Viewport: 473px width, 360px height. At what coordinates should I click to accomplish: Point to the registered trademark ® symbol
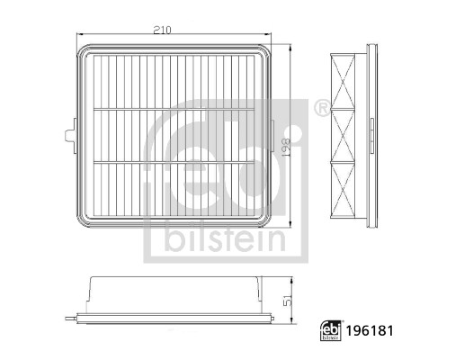click(321, 109)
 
